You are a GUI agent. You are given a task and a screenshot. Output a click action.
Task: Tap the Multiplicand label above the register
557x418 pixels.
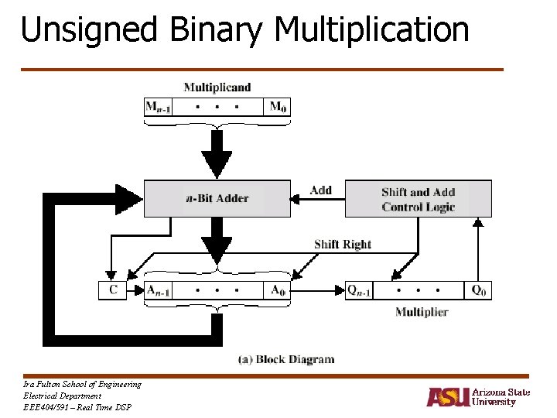(x=217, y=87)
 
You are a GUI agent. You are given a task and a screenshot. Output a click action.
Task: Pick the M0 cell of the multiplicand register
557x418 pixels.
(x=278, y=107)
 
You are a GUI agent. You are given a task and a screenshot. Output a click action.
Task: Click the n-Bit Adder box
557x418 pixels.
(x=217, y=198)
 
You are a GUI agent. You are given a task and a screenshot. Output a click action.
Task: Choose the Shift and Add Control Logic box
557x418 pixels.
(x=418, y=199)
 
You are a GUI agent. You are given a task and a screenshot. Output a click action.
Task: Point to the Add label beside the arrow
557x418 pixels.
(x=320, y=190)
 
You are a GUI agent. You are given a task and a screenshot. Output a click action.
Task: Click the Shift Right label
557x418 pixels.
(x=343, y=245)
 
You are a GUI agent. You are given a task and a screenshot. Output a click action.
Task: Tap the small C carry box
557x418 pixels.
(x=113, y=290)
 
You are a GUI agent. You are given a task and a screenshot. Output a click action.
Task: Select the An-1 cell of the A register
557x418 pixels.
(x=159, y=290)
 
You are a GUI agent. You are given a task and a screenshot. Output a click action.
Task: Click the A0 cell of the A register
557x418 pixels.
(x=278, y=290)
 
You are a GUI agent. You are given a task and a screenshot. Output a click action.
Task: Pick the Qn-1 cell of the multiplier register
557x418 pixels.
(x=361, y=290)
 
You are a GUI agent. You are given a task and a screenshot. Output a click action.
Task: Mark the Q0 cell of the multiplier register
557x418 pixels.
(x=479, y=290)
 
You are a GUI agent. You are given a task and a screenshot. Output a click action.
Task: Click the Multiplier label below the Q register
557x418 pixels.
(x=422, y=312)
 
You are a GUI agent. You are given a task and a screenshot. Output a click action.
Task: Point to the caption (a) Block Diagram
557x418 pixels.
(x=285, y=359)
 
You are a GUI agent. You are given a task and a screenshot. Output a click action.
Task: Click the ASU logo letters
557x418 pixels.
(x=448, y=396)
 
